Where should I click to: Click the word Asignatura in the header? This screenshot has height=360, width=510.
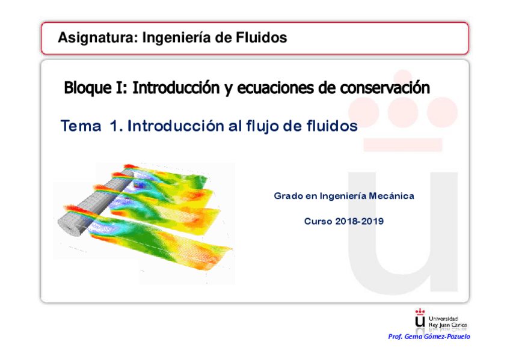point(97,38)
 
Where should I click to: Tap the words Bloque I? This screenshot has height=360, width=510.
point(96,88)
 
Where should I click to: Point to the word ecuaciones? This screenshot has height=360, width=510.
point(275,88)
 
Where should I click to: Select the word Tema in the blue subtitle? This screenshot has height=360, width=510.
point(81,126)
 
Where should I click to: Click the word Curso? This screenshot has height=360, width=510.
point(317,221)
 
